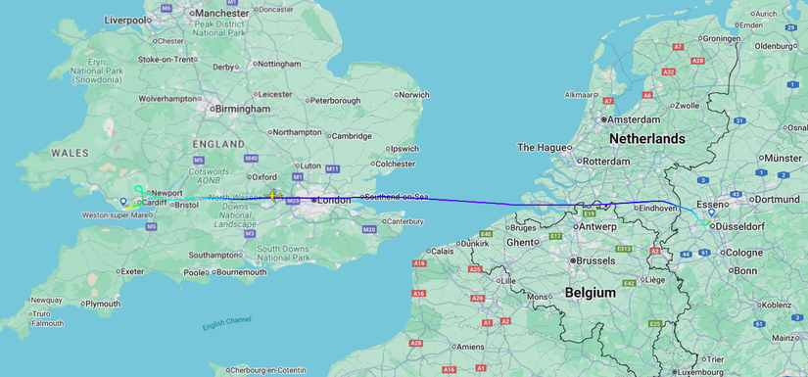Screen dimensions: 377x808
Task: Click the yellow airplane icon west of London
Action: (274, 197)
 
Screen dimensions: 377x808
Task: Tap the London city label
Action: (334, 200)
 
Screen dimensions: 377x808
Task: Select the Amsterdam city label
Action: (636, 119)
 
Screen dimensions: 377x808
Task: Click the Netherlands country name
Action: (646, 139)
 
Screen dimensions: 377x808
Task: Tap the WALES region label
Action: (70, 153)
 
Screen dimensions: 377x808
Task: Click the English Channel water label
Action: (226, 322)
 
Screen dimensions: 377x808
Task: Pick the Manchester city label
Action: (221, 13)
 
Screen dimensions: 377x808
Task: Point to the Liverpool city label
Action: (127, 20)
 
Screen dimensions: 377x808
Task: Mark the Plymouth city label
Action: (102, 304)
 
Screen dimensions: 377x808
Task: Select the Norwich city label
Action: (412, 95)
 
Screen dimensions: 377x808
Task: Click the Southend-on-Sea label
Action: (398, 197)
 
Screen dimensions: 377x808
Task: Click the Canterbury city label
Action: (404, 221)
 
